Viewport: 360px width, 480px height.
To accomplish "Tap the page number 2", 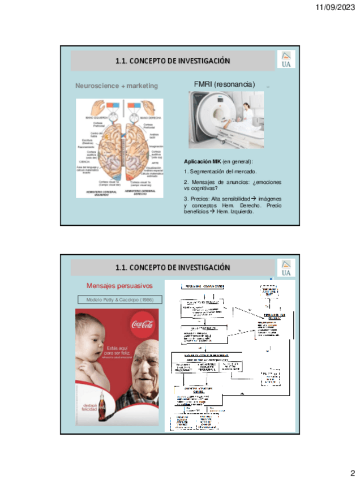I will coord(352,473).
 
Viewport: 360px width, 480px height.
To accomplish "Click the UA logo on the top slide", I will coord(286,60).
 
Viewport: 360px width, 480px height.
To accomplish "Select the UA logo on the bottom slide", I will coord(286,268).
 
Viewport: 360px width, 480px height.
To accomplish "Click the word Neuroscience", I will coord(97,85).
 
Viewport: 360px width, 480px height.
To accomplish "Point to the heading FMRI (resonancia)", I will coord(224,84).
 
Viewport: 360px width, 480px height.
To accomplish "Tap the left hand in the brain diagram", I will coord(97,106).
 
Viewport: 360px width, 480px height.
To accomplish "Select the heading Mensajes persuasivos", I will coord(119,286).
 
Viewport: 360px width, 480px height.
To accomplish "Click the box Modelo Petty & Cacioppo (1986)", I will coord(119,299).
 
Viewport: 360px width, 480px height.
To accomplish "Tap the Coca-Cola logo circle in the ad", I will coord(143,325).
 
